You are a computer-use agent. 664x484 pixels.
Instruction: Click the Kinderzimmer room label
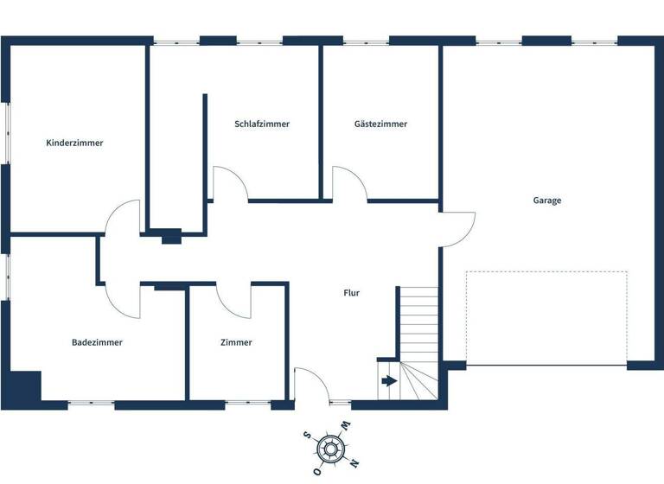coord(74,143)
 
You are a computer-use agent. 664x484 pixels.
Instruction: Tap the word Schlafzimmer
coord(262,124)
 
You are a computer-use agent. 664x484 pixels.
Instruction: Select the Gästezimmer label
coord(380,124)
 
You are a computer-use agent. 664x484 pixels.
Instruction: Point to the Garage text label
coord(547,200)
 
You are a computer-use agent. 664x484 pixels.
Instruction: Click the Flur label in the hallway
coord(351,293)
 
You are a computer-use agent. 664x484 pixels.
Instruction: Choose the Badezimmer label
coord(97,342)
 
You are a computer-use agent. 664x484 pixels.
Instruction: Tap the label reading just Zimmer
coord(236,342)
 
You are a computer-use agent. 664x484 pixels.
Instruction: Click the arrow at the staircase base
coord(389,379)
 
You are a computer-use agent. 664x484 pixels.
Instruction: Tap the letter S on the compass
coord(308,436)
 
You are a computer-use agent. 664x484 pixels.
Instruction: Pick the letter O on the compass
coord(317,471)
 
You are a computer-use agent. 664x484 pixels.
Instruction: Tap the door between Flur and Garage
coord(458,229)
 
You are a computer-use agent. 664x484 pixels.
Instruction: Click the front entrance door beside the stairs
coord(310,385)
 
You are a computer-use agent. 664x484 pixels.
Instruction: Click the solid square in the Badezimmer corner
coord(25,385)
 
